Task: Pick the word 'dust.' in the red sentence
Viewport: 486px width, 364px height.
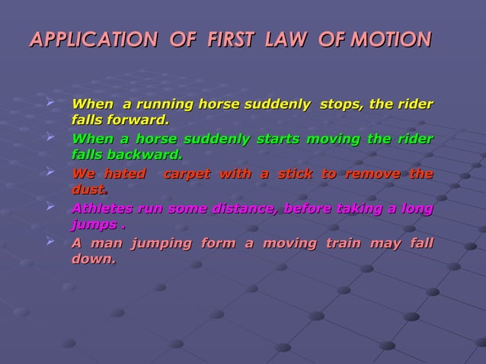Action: [x=89, y=190]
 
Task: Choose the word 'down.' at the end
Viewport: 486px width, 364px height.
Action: [x=93, y=260]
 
